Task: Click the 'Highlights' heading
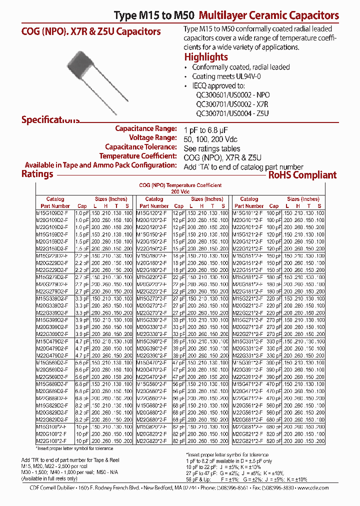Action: click(206, 57)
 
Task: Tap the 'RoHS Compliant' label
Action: click(302, 175)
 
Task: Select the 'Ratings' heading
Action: click(37, 174)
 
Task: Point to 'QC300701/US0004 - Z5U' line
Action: click(232, 113)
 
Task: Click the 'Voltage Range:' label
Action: click(152, 137)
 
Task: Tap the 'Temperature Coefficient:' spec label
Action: click(141, 156)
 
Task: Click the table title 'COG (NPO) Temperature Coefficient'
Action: click(180, 185)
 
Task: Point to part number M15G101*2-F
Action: click(250, 213)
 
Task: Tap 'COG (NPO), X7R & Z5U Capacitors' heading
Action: click(90, 31)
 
